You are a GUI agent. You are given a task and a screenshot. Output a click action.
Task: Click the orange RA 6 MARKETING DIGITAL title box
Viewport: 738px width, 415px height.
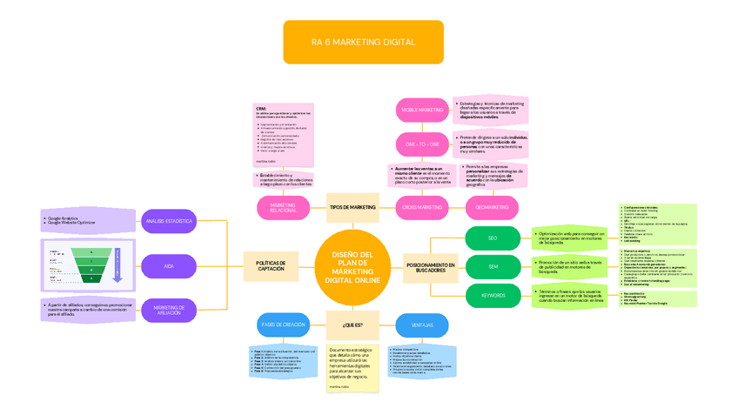(x=363, y=42)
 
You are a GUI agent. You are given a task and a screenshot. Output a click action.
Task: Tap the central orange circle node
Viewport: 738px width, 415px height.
(x=352, y=267)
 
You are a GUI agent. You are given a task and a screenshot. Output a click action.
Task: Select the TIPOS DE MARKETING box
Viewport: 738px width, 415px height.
(x=352, y=207)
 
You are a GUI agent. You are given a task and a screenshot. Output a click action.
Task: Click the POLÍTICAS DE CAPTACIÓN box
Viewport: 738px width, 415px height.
(x=271, y=264)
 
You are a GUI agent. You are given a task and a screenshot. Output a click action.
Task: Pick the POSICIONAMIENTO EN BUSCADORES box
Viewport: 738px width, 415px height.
(x=430, y=267)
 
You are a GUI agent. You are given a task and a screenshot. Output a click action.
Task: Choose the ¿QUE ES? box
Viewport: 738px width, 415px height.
(x=352, y=325)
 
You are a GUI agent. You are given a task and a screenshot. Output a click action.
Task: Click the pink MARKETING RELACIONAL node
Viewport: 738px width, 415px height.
(x=284, y=208)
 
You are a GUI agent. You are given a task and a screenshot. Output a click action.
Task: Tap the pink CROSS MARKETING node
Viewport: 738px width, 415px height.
(x=421, y=207)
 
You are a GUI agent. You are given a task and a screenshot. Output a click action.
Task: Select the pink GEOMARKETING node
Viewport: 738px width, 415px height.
(x=493, y=207)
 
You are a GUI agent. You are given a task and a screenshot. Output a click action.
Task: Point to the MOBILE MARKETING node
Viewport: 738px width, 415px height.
(x=421, y=110)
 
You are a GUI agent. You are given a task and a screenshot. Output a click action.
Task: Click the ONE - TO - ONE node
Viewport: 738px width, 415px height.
(x=421, y=144)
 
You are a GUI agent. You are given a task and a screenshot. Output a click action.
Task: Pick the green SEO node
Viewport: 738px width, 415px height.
(x=493, y=238)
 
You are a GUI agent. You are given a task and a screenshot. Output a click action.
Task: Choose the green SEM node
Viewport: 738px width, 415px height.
(x=493, y=265)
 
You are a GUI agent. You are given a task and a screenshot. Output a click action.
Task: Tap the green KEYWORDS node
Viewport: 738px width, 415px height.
(x=493, y=296)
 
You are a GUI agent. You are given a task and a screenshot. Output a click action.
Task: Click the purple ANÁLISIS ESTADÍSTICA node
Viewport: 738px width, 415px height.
(x=168, y=222)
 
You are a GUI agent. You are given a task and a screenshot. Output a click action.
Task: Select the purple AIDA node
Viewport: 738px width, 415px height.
(x=168, y=265)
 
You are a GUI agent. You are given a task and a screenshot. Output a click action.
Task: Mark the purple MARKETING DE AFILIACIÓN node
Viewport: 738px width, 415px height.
(x=168, y=309)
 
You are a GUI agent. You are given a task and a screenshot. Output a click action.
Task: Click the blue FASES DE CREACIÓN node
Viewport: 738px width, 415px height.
(x=282, y=325)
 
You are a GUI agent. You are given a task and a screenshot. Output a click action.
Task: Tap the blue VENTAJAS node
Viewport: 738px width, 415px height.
(x=421, y=326)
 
